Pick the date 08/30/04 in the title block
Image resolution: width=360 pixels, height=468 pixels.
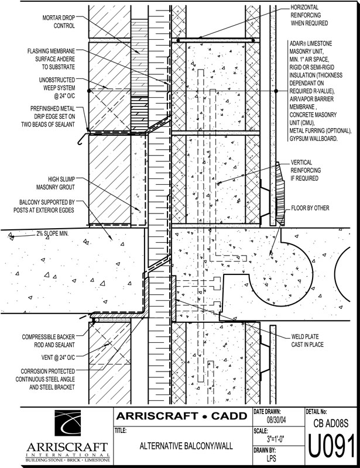(x=277, y=421)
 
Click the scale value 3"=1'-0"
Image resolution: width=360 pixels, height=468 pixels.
(x=278, y=439)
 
